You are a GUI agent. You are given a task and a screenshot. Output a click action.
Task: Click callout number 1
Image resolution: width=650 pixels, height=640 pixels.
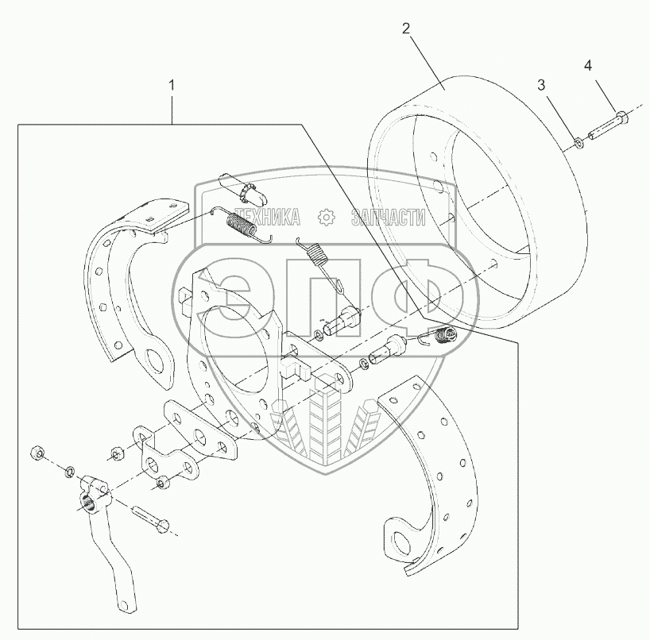click(x=172, y=84)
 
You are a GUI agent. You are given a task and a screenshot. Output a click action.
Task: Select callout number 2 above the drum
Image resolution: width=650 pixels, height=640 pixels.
click(x=406, y=29)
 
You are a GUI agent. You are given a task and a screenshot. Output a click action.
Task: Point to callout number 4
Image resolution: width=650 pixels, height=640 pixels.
click(x=588, y=65)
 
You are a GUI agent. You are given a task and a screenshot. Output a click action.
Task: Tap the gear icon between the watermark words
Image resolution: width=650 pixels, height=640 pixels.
click(x=326, y=218)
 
